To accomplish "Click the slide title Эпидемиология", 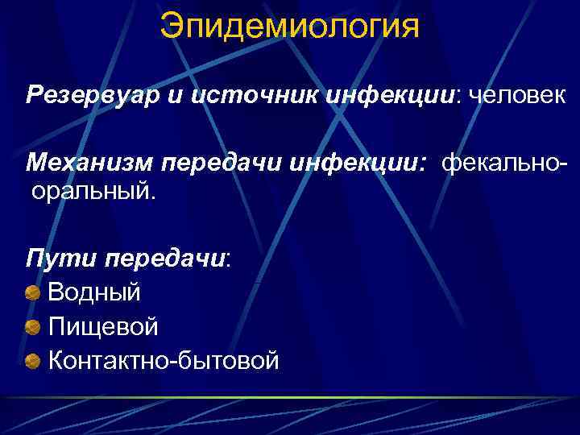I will (289, 26).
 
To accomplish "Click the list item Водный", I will (94, 292).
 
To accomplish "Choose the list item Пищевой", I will (103, 326).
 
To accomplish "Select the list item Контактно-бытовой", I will (164, 360).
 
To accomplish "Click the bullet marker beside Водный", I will (33, 292).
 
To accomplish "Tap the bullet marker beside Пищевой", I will (33, 326).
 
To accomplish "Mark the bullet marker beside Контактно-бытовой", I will (33, 360).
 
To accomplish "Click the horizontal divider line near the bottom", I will (290, 397).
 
